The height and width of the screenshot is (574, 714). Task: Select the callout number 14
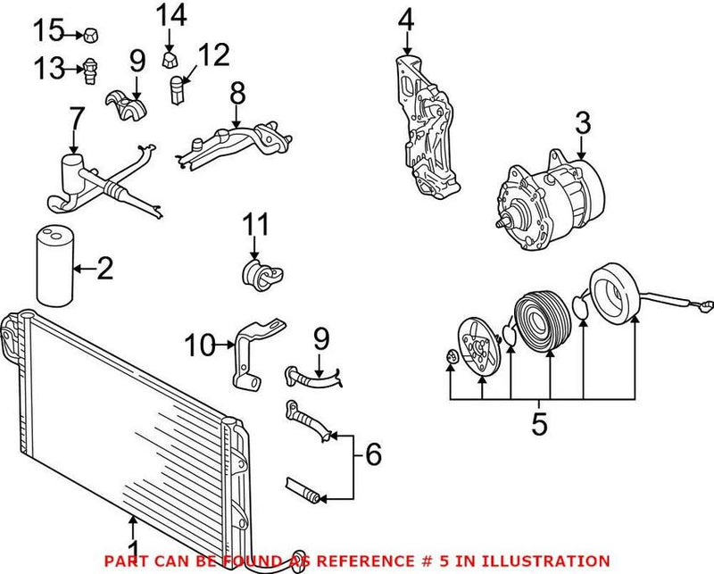[170, 15]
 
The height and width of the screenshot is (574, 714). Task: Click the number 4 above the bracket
[406, 19]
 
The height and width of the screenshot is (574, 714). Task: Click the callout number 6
[372, 454]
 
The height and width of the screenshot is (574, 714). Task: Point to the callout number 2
[104, 268]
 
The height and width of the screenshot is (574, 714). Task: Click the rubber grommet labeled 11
[257, 272]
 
